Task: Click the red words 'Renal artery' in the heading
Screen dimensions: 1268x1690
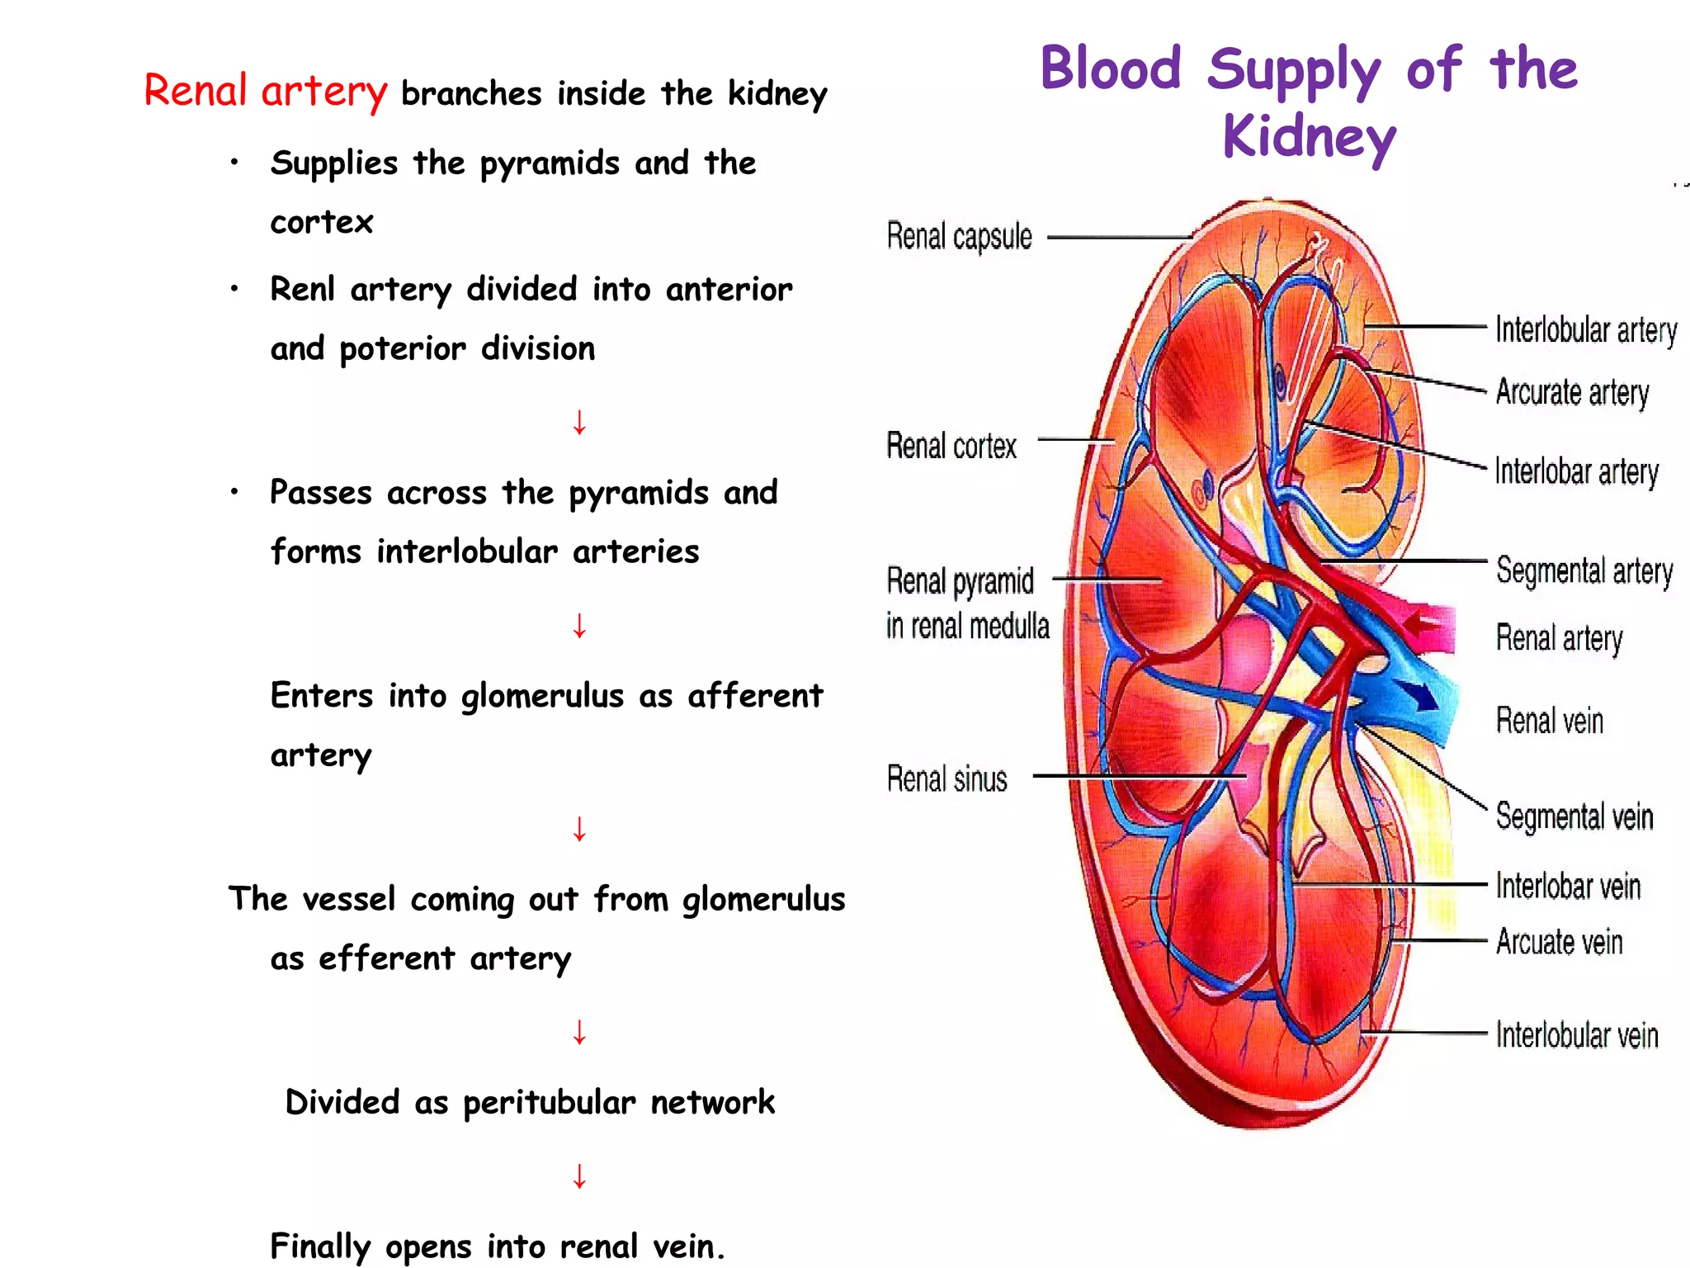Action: point(265,91)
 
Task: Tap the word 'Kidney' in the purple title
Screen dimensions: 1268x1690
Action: point(1309,137)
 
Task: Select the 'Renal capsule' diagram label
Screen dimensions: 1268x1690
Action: point(959,237)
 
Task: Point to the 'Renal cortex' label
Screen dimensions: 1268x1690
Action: point(951,447)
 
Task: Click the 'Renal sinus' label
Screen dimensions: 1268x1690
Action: point(946,778)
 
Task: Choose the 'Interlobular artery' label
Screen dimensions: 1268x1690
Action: point(1586,330)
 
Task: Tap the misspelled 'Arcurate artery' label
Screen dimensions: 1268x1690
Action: point(1572,393)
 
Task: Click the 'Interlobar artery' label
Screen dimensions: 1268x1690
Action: point(1576,472)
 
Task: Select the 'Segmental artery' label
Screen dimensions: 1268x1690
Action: point(1584,570)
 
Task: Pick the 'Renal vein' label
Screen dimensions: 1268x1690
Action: point(1550,721)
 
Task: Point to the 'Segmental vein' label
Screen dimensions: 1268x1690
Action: point(1574,816)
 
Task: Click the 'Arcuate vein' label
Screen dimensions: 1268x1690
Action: point(1559,942)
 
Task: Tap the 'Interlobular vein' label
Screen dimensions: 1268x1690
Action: point(1577,1035)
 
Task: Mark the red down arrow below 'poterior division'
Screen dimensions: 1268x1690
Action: point(579,422)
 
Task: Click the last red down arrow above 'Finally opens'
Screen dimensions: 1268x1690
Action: point(579,1176)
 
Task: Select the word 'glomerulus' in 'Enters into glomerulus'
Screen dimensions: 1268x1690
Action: point(542,697)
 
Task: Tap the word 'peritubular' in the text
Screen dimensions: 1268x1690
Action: point(549,1103)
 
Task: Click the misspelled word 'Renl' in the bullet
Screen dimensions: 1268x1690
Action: point(302,290)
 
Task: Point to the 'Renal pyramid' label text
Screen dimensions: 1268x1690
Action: point(960,581)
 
